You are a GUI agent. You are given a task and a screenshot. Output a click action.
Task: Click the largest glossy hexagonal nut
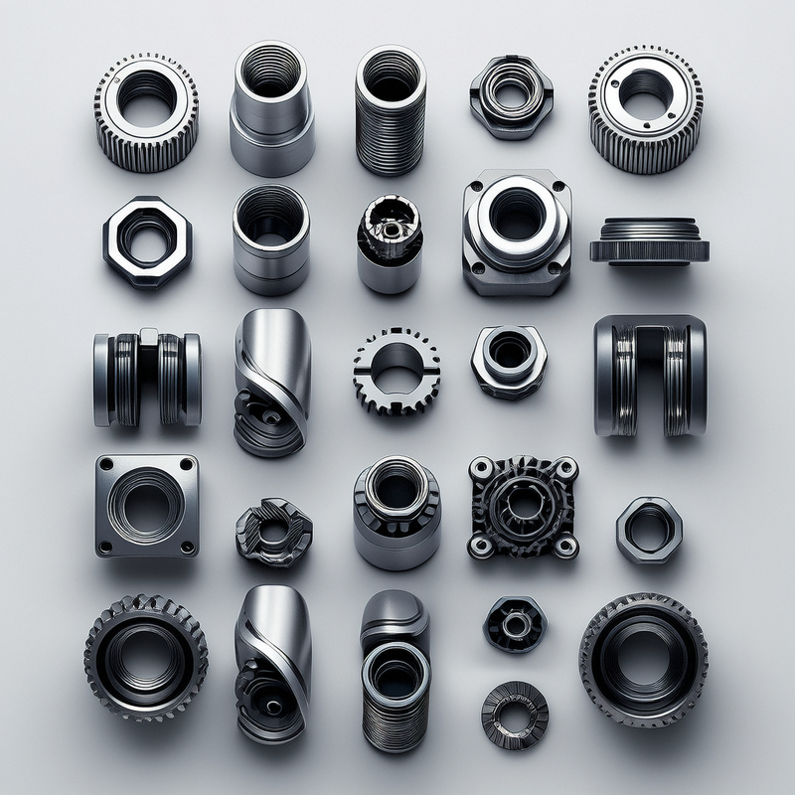click(147, 241)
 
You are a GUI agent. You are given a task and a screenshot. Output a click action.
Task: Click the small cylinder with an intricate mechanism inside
click(390, 242)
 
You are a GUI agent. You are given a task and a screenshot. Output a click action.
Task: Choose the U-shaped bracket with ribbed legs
click(650, 375)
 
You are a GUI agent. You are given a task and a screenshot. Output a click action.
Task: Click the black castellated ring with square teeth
click(396, 370)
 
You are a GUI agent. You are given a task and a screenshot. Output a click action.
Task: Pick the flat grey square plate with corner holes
click(146, 505)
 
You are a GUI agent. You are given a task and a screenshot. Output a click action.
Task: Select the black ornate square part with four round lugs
click(523, 507)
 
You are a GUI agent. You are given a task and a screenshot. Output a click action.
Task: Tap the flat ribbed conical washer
click(515, 715)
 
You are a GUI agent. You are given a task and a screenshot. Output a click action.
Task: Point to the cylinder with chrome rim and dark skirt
click(396, 512)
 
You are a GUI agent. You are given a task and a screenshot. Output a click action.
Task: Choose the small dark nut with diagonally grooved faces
click(273, 531)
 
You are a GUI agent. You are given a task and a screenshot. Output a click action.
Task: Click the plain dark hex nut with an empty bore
click(649, 530)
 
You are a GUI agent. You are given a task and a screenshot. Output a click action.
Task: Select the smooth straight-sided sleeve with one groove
click(271, 239)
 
